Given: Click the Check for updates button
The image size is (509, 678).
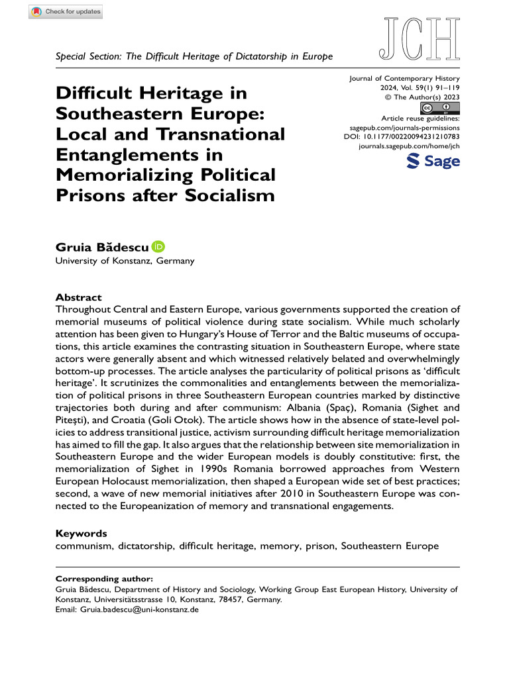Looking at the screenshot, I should pos(66,13).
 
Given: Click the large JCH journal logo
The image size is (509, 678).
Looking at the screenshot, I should pos(419,37).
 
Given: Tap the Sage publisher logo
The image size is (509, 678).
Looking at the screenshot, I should pos(432,161).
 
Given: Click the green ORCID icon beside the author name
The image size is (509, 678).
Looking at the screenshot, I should pos(158,247).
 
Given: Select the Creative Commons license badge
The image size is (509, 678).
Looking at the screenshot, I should pos(440,108).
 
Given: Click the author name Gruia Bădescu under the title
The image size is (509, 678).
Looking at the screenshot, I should pos(102,248).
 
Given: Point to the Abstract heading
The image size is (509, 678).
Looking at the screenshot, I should pos(78,298).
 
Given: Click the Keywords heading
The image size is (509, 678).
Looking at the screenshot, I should pos(81,533).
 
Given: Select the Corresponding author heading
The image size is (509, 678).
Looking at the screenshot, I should pos(104,579).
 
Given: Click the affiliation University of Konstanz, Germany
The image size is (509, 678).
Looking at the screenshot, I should pos(125,261).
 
